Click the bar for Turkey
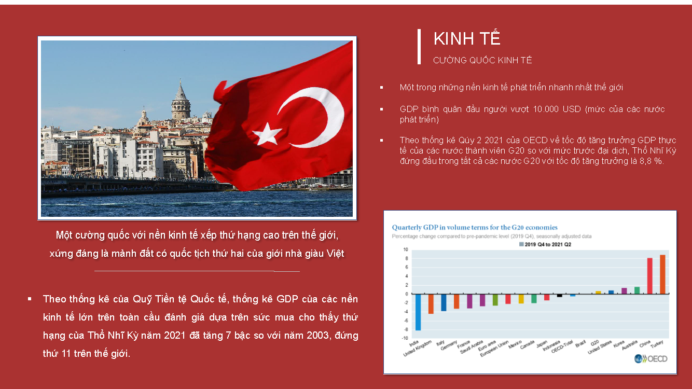tap(662, 274)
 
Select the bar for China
tap(650, 276)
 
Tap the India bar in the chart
tap(418, 312)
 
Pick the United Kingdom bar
tap(431, 304)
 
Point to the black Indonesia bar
tap(560, 295)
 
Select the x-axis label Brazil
tap(580, 343)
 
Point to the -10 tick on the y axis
tap(405, 338)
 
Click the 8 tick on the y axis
tap(407, 258)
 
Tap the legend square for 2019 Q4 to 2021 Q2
tap(521, 244)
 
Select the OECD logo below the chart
tap(651, 359)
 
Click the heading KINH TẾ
tap(466, 38)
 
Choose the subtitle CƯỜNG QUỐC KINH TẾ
tap(482, 60)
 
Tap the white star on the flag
tap(267, 134)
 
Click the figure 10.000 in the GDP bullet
tap(546, 109)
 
